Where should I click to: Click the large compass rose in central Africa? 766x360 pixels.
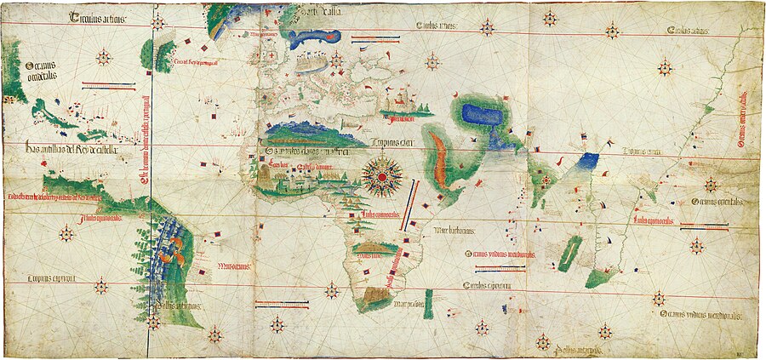point(382,175)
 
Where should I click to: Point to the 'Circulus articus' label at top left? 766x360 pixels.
point(98,17)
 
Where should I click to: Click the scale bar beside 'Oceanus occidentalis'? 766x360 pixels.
point(108,84)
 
